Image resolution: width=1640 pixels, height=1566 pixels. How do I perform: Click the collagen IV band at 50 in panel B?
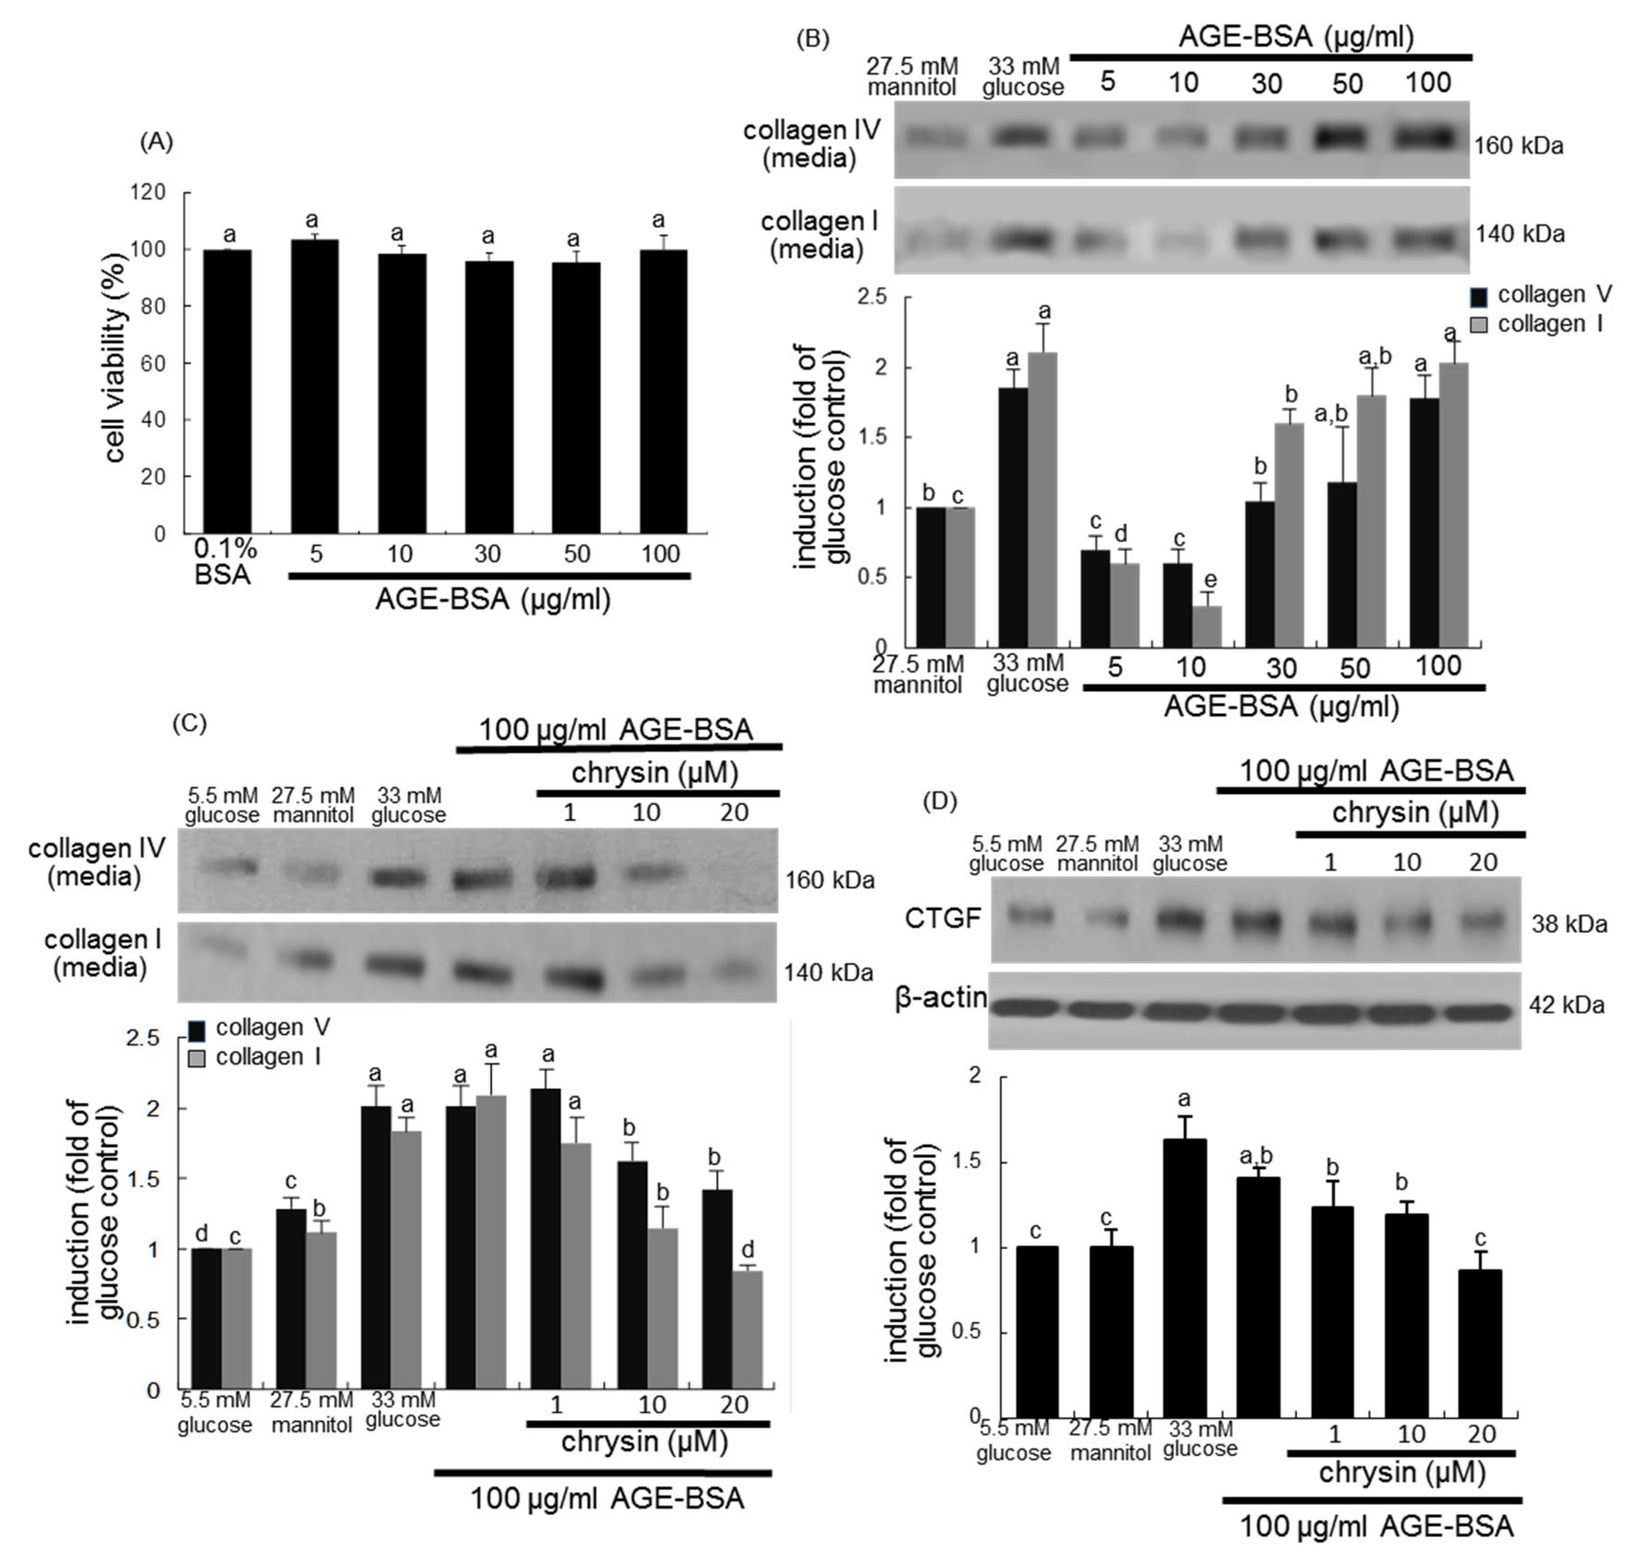click(x=1345, y=137)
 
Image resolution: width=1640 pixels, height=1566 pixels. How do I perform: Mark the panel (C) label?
click(x=189, y=723)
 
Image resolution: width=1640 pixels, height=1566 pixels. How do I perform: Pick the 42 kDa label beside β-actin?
click(x=1567, y=1005)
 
